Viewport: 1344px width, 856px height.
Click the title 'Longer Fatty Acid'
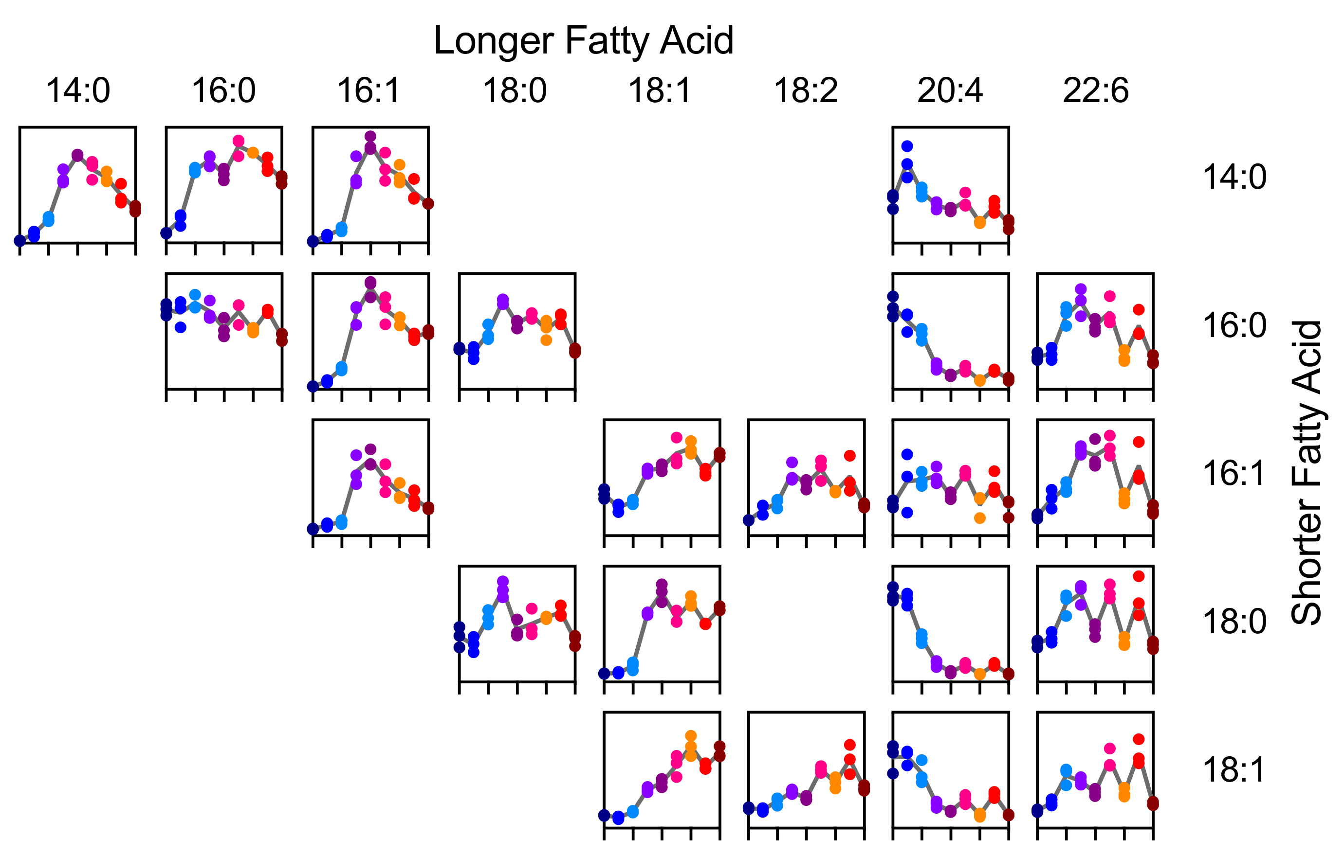tap(583, 41)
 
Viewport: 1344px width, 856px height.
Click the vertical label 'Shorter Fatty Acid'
tap(1307, 472)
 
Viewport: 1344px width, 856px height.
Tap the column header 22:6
tap(1095, 90)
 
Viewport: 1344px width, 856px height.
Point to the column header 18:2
tap(806, 90)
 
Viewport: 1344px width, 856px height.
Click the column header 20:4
tap(950, 90)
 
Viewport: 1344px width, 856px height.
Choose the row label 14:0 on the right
tap(1234, 178)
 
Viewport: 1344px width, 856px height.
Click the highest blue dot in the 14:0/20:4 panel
tap(907, 146)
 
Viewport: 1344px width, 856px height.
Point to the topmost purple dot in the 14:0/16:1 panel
tap(370, 137)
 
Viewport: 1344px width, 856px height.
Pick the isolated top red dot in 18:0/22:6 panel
tap(1139, 576)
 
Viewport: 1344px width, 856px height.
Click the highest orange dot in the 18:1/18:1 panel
tap(690, 736)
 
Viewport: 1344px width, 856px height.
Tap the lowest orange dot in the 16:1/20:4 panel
tap(979, 518)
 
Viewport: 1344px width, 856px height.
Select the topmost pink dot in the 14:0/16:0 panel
tap(239, 141)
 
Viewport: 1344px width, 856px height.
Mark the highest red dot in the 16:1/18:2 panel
tap(849, 456)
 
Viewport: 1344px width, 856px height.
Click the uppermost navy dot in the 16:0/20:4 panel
tap(892, 296)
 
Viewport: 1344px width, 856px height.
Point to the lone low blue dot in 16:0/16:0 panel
tap(180, 327)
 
